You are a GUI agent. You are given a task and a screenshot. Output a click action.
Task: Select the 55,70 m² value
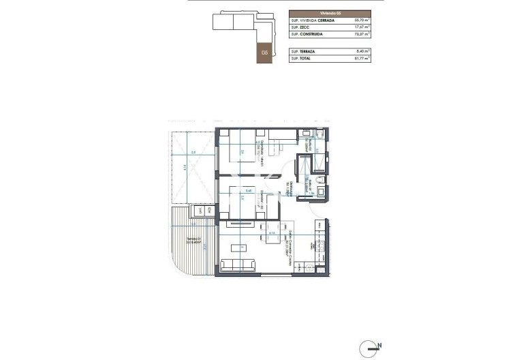coord(361,20)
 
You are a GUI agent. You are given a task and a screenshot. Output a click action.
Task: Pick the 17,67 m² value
coord(361,27)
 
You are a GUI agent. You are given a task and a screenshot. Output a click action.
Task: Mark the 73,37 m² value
coord(361,34)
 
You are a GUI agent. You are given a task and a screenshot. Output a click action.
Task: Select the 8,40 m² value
coord(362,52)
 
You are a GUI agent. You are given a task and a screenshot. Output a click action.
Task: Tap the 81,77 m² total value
coord(361,59)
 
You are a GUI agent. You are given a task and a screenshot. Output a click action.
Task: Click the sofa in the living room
coord(236,265)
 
